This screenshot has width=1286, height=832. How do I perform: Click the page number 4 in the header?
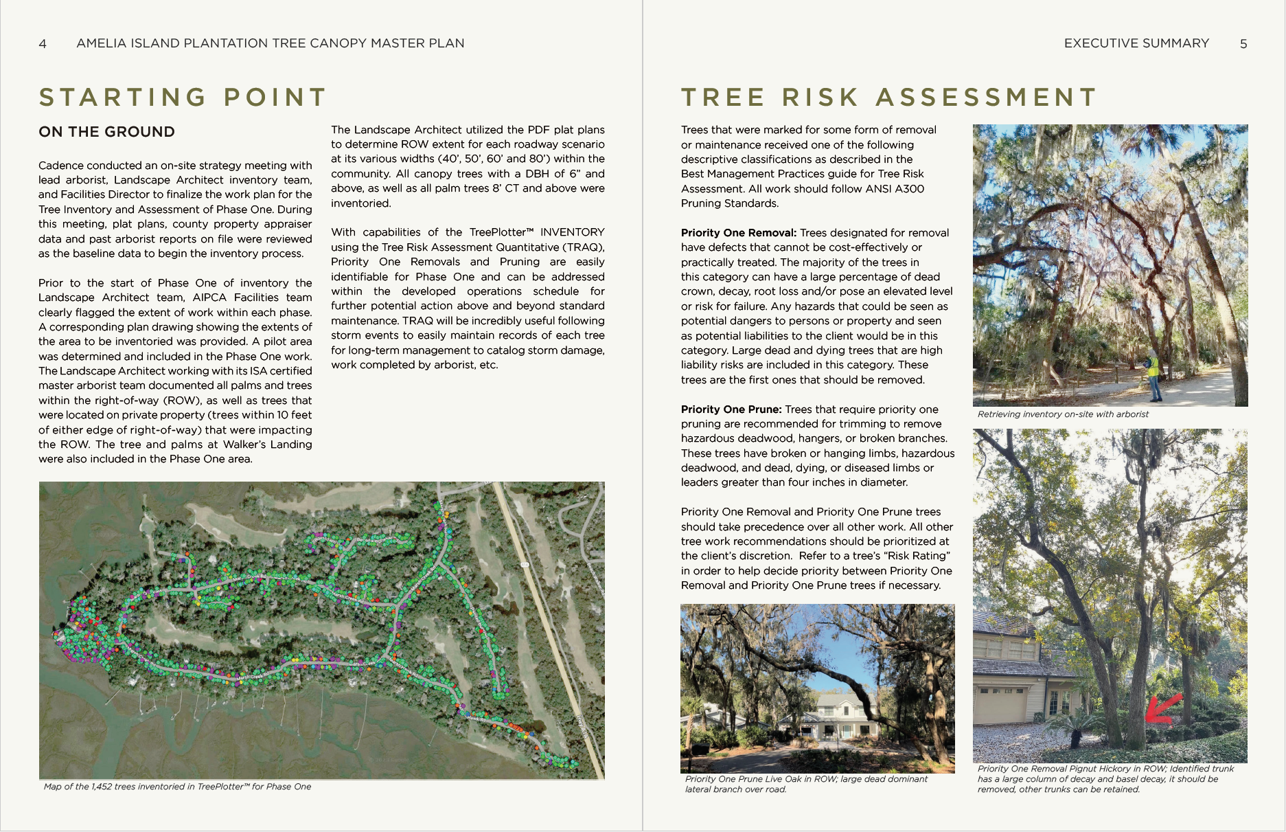click(43, 44)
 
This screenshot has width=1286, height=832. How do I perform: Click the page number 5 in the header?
click(1243, 44)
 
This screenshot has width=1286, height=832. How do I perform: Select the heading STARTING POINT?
click(183, 98)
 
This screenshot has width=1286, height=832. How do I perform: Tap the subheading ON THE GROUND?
click(107, 132)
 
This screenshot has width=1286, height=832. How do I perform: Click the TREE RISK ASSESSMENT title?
click(889, 98)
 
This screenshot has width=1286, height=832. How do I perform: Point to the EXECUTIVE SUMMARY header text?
click(1136, 43)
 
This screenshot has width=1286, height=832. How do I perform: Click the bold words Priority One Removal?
click(739, 233)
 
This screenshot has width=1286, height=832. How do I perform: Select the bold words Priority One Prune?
click(731, 409)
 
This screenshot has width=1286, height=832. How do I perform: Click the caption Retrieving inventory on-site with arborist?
click(1063, 414)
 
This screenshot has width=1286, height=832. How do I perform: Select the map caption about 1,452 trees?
click(177, 787)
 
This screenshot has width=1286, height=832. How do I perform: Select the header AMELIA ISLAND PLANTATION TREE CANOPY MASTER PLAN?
click(271, 43)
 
